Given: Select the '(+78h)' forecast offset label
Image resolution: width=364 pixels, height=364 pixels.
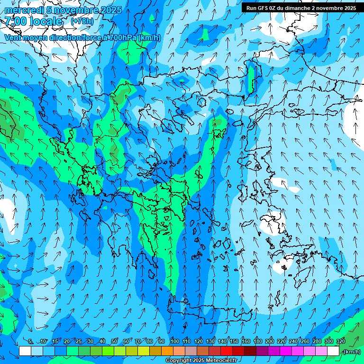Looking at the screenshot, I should pyautogui.click(x=82, y=21).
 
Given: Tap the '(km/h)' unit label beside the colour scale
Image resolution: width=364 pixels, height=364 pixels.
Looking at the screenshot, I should pyautogui.click(x=351, y=352).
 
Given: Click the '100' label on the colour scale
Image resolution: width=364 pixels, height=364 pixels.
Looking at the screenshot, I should pyautogui.click(x=175, y=342).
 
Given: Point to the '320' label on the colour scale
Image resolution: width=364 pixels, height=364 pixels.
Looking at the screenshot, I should pyautogui.click(x=341, y=342).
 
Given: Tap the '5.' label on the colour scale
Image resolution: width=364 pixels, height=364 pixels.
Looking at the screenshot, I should pyautogui.click(x=31, y=342).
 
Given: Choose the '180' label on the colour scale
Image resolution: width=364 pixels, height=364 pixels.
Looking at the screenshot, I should pyautogui.click(x=258, y=342).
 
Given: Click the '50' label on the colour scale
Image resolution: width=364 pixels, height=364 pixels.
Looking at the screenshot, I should pyautogui.click(x=114, y=342).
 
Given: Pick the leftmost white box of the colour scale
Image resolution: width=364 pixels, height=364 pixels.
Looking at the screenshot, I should pyautogui.click(x=25, y=351).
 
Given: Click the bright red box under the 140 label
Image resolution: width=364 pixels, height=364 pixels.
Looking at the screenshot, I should pyautogui.click(x=227, y=351).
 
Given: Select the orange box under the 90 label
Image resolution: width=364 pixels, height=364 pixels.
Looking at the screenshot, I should pyautogui.click(x=167, y=351).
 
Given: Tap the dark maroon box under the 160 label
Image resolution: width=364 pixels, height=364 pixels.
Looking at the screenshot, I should pyautogui.click(x=250, y=351).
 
